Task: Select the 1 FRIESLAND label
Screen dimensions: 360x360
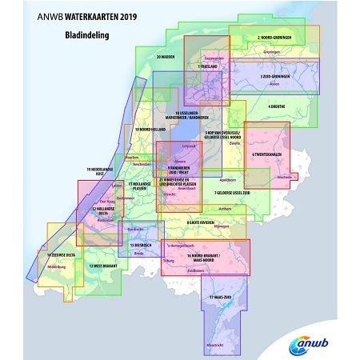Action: coord(208,66)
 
